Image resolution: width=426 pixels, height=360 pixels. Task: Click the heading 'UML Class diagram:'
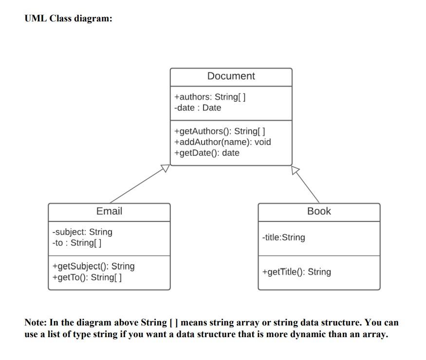pos(68,19)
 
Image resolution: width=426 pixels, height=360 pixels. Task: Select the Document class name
pos(231,76)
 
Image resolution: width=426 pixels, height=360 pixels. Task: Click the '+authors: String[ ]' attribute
pos(210,96)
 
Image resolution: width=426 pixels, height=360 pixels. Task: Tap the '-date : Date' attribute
pos(198,108)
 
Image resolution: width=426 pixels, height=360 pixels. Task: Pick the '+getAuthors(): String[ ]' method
pos(220,131)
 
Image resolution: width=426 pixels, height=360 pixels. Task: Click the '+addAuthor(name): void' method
pos(222,142)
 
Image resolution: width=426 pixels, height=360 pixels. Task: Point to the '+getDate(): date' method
pos(206,153)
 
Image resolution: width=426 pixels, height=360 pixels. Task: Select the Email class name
pos(109,211)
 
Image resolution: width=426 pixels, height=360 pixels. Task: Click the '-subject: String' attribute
pos(82,232)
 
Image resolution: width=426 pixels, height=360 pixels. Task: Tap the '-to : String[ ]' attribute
pos(77,242)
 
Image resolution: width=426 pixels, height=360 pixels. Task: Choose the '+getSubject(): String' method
pos(93,266)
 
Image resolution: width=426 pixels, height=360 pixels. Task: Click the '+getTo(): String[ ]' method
pos(87,277)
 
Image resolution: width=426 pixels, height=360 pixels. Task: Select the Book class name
pos(319,211)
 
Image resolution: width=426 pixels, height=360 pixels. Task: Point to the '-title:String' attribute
pos(283,237)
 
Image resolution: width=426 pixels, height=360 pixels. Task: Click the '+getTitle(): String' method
pos(296,272)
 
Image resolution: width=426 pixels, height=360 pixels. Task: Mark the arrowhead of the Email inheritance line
pos(166,168)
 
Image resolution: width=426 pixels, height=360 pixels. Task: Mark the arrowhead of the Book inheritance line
pos(296,170)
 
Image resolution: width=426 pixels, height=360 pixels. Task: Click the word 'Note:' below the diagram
pos(36,323)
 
